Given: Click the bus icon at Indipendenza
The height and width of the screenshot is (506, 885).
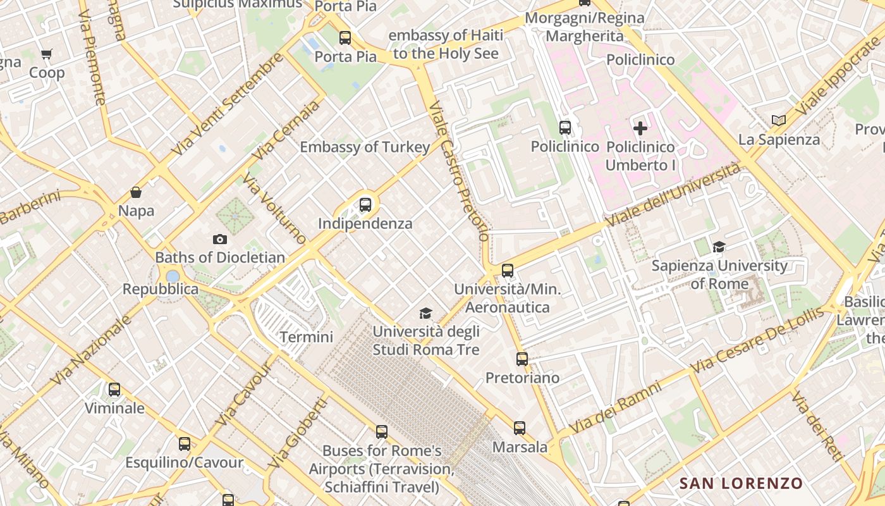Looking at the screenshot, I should click(x=365, y=205).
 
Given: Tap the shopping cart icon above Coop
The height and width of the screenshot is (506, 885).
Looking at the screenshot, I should click(x=46, y=54).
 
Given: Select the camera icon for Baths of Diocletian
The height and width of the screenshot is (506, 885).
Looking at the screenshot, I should click(x=219, y=239).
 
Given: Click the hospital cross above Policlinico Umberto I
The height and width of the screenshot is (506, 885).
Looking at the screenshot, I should click(x=640, y=128).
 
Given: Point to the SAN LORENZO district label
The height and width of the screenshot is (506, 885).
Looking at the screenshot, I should click(x=741, y=484).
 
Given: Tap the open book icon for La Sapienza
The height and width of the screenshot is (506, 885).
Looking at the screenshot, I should click(x=779, y=120).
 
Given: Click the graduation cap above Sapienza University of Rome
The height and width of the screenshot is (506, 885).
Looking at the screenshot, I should click(x=719, y=247).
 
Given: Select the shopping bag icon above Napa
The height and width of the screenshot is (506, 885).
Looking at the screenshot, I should click(x=136, y=192).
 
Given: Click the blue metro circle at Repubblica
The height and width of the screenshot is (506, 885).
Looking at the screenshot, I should click(x=173, y=276).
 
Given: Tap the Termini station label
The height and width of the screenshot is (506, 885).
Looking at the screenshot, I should click(x=306, y=337).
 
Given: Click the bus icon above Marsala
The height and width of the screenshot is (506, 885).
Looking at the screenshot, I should click(x=520, y=428).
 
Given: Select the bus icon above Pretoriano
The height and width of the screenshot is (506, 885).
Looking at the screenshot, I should click(x=522, y=359).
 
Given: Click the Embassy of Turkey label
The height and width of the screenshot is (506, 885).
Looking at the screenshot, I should click(x=365, y=147).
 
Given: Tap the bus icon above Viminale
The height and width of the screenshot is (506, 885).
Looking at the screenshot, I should click(x=114, y=390).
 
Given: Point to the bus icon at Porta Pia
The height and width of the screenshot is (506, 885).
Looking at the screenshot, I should click(x=345, y=38).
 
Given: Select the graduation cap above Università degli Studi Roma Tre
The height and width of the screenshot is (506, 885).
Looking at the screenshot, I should click(x=426, y=313).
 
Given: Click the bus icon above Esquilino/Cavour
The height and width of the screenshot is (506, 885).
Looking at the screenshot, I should click(x=185, y=444).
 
